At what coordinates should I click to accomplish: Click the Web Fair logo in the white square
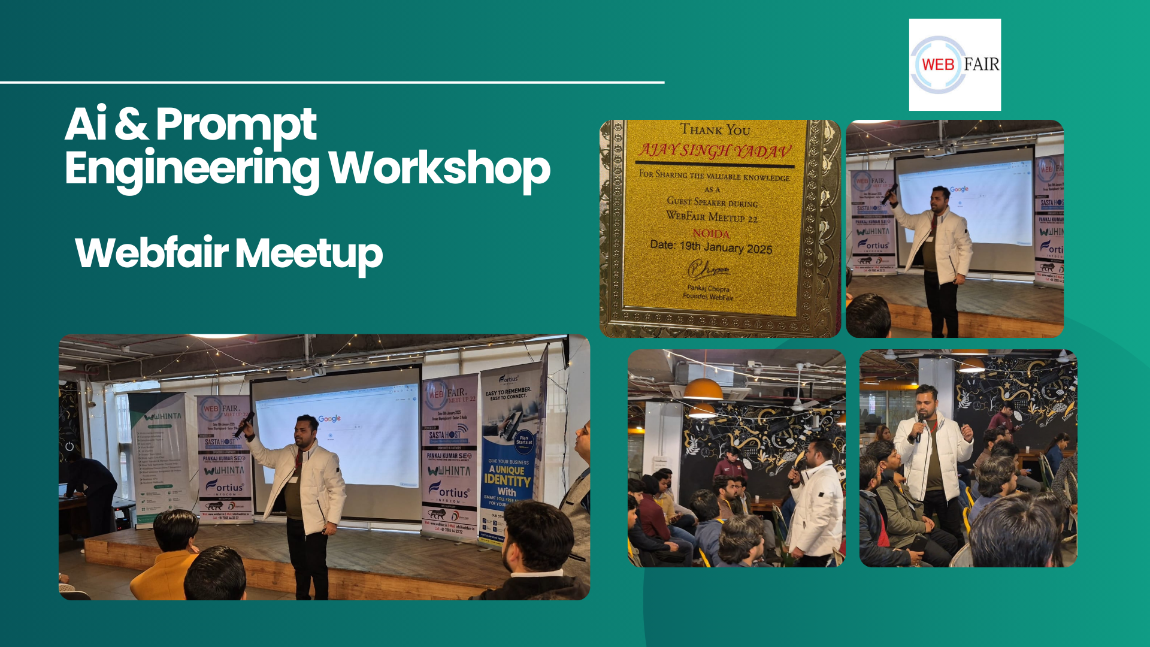pos(955,65)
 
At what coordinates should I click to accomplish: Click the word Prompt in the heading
pos(236,125)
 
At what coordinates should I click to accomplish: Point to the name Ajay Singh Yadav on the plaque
pos(715,150)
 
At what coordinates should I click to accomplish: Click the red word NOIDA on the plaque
pos(711,234)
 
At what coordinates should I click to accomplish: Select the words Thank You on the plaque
pos(715,129)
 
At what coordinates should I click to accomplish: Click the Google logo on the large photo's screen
pos(329,419)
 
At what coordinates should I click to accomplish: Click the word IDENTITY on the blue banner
pos(507,480)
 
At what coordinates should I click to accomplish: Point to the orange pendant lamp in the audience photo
pos(703,390)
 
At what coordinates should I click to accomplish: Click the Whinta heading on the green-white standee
pos(162,416)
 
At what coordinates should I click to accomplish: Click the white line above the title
pos(332,82)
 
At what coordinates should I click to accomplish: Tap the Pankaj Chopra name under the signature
pos(709,288)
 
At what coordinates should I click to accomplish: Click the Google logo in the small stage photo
pos(959,189)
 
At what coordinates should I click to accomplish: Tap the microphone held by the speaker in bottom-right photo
pos(918,427)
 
